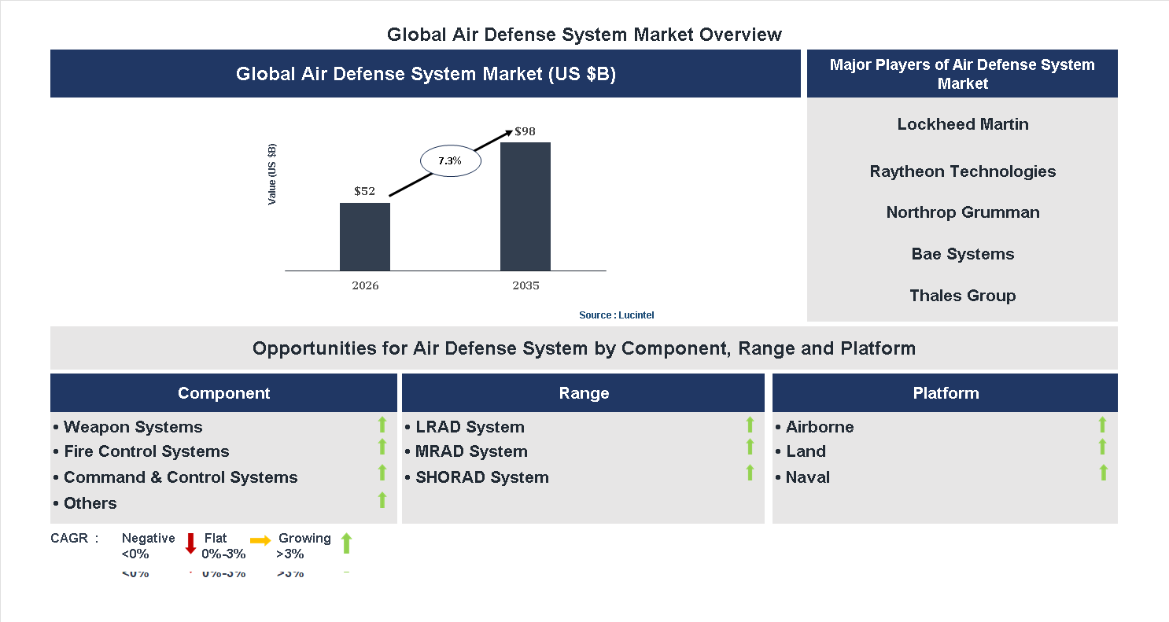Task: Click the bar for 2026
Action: pyautogui.click(x=364, y=237)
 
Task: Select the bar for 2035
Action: pyautogui.click(x=525, y=206)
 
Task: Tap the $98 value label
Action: pyautogui.click(x=525, y=131)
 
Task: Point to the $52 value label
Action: pyautogui.click(x=364, y=191)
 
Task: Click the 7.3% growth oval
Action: pyautogui.click(x=450, y=160)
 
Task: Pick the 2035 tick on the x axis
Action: pyautogui.click(x=525, y=285)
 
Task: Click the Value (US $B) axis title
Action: pyautogui.click(x=272, y=175)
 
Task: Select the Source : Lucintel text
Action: pyautogui.click(x=616, y=315)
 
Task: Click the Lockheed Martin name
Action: pyautogui.click(x=962, y=124)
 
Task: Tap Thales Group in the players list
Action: pyautogui.click(x=962, y=296)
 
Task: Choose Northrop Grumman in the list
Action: pyautogui.click(x=962, y=212)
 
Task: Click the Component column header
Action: pyautogui.click(x=223, y=393)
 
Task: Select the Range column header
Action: pyautogui.click(x=583, y=393)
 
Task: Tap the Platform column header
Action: pyautogui.click(x=945, y=393)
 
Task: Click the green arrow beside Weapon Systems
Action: pyautogui.click(x=382, y=425)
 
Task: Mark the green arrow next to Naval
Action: pyautogui.click(x=1103, y=473)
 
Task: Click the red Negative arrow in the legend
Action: pyautogui.click(x=190, y=543)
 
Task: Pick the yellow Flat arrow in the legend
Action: pyautogui.click(x=260, y=540)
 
